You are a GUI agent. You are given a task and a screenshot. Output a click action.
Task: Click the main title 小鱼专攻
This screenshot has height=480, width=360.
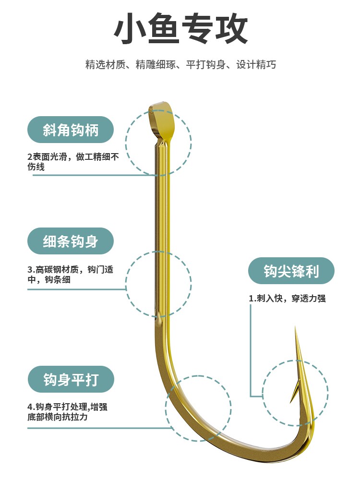click(x=180, y=30)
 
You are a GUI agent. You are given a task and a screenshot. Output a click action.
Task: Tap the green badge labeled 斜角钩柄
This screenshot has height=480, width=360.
click(x=71, y=130)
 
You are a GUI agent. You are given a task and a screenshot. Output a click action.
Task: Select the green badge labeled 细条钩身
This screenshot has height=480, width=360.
click(x=71, y=241)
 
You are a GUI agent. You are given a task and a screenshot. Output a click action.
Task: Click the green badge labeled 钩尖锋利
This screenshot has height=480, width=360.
click(x=291, y=272)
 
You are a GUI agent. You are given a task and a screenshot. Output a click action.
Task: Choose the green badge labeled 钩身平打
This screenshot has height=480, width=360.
click(x=71, y=380)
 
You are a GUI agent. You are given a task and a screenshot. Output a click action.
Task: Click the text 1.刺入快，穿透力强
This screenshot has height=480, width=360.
click(x=287, y=298)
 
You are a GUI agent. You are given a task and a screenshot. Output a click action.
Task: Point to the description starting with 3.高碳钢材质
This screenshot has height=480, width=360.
click(x=71, y=274)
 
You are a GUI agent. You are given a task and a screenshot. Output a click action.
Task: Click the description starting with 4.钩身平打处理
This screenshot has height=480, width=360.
click(x=67, y=412)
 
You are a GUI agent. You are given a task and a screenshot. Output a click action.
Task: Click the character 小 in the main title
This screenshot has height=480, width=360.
click(x=130, y=30)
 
